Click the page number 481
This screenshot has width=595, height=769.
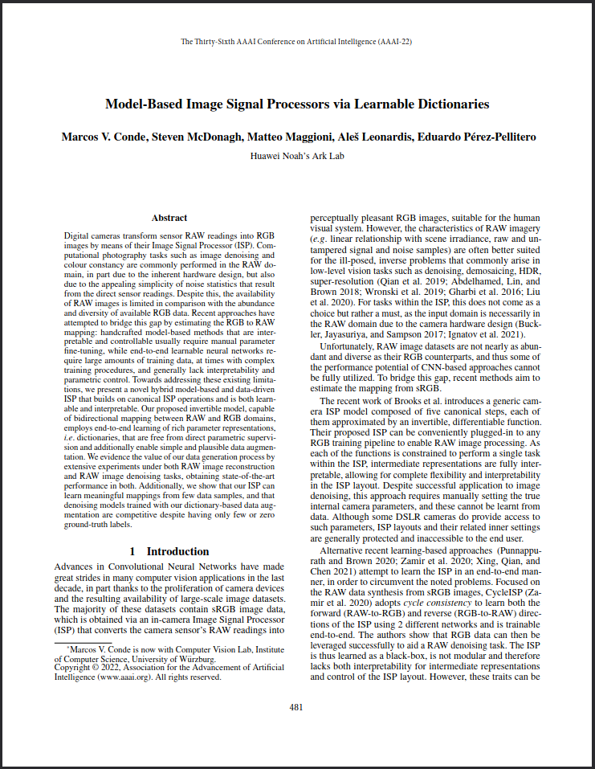(x=297, y=707)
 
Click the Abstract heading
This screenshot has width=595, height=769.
(x=169, y=218)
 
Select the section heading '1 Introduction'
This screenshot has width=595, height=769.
(x=169, y=551)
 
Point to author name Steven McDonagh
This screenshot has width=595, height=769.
(x=198, y=137)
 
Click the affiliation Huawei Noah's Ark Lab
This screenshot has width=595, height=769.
(x=297, y=156)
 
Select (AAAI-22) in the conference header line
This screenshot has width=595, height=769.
(x=392, y=41)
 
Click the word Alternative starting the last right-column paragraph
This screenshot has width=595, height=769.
(x=344, y=550)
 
